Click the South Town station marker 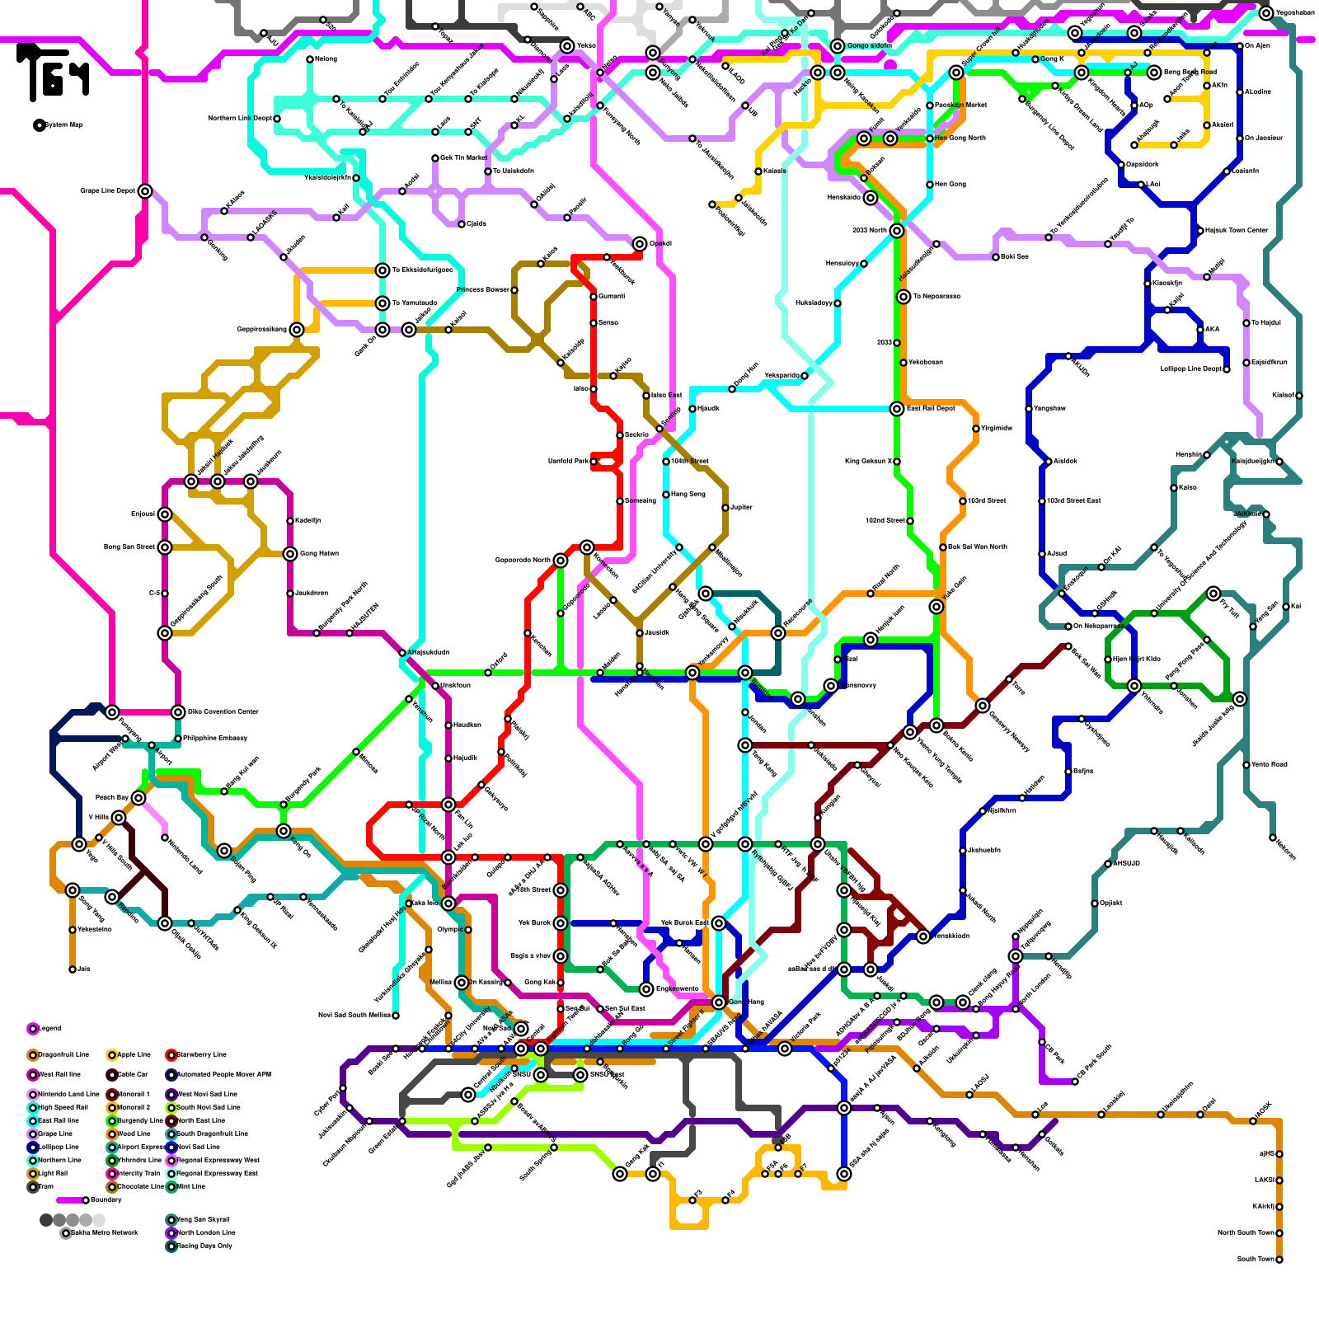tap(1279, 1259)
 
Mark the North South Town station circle tap(1279, 1232)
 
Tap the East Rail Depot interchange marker tap(897, 409)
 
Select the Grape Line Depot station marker tap(145, 191)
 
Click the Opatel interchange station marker tap(640, 244)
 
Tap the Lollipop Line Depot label tap(1190, 368)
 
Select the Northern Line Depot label tap(240, 118)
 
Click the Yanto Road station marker tap(1246, 764)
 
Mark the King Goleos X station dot tap(897, 462)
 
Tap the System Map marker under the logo tap(39, 125)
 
